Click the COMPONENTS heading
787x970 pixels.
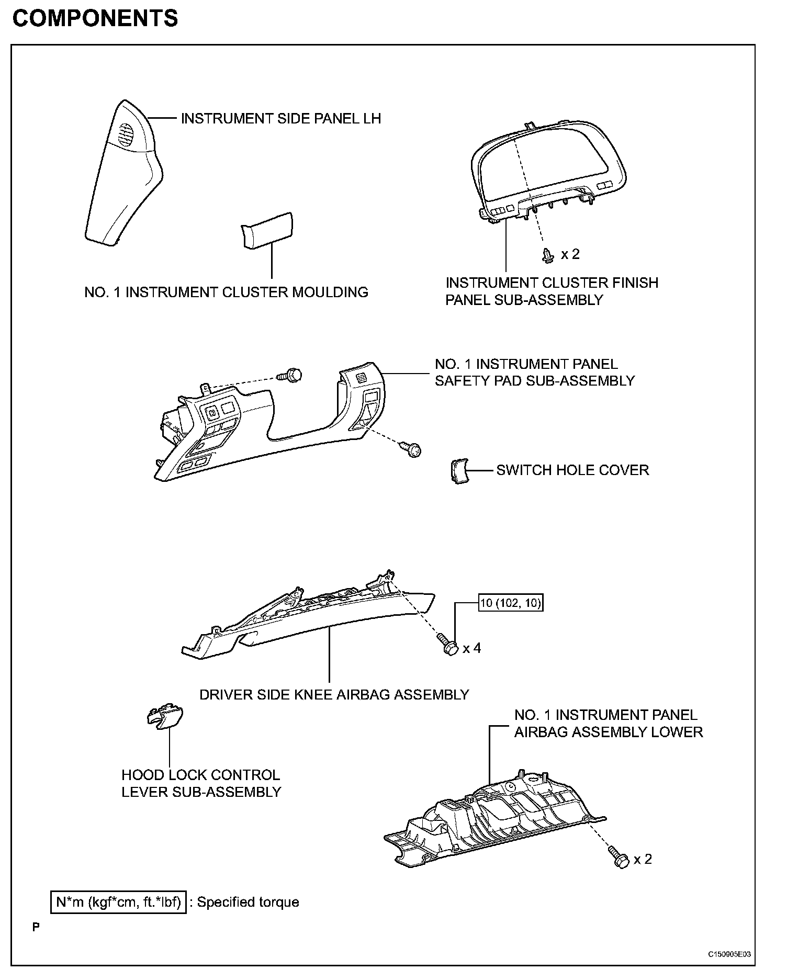coord(95,19)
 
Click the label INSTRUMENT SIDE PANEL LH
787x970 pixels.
coord(280,119)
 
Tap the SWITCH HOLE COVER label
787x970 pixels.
coord(572,470)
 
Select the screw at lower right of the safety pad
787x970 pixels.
coord(411,449)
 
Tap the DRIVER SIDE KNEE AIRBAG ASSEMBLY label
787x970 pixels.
coord(334,695)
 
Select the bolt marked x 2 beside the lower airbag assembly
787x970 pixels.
coord(619,859)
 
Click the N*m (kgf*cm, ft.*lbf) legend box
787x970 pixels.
coord(119,902)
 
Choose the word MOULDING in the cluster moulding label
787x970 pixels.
coord(330,292)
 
